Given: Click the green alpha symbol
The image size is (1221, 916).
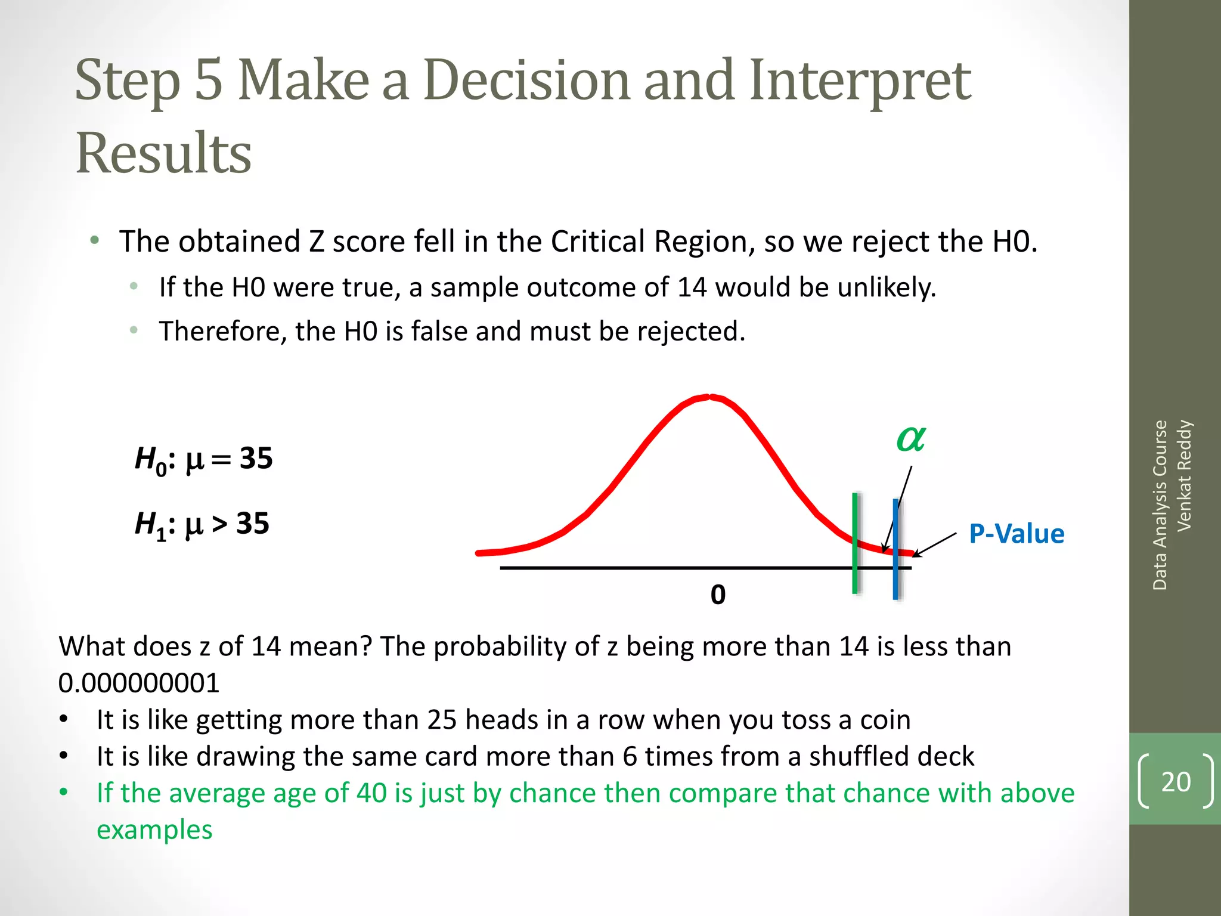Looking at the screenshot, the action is point(910,440).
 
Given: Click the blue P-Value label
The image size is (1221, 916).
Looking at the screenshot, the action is point(1016,534).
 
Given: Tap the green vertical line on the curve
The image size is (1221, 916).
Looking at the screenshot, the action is point(855,543).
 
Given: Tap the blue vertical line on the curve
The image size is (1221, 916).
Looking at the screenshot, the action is point(895,549).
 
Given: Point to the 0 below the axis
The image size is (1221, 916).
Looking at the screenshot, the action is point(718,595).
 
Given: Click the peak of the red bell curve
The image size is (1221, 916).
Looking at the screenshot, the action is point(709,397).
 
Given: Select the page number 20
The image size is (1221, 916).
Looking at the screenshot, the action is point(1175,781).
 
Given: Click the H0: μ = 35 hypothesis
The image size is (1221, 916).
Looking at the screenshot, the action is point(203,460).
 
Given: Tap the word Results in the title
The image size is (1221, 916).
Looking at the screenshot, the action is point(163,153).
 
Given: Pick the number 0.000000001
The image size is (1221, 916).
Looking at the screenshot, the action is point(139,683).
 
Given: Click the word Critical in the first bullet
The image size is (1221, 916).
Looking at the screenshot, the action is point(598,242).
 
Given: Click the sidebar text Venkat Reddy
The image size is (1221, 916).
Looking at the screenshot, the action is point(1184,475).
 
